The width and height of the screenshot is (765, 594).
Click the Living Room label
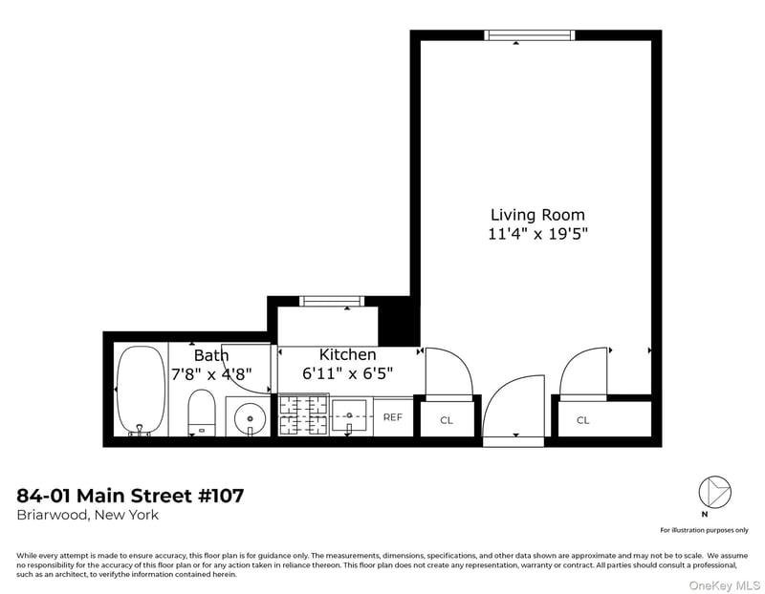pyautogui.click(x=537, y=215)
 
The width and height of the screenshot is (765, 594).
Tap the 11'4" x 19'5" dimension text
pyautogui.click(x=537, y=234)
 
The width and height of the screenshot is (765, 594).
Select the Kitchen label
pyautogui.click(x=347, y=354)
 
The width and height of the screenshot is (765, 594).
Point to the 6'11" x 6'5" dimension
pyautogui.click(x=347, y=373)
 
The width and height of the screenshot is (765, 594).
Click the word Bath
pyautogui.click(x=211, y=355)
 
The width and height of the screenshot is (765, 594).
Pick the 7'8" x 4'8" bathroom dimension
pyautogui.click(x=211, y=374)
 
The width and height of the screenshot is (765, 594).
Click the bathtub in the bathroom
pyautogui.click(x=141, y=391)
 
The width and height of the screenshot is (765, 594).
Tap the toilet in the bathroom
pyautogui.click(x=202, y=413)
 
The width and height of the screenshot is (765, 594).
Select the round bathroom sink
pyautogui.click(x=250, y=418)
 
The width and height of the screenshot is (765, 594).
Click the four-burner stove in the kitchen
pyautogui.click(x=303, y=415)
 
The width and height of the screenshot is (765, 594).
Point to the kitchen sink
pyautogui.click(x=349, y=415)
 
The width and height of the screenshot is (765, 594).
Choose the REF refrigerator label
pyautogui.click(x=393, y=417)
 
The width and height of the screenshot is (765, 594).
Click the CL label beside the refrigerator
pyautogui.click(x=447, y=420)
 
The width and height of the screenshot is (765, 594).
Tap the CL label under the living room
pyautogui.click(x=583, y=420)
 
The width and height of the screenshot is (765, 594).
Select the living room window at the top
pyautogui.click(x=530, y=35)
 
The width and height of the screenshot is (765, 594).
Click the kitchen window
pyautogui.click(x=332, y=301)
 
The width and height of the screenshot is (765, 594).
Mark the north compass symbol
pyautogui.click(x=714, y=492)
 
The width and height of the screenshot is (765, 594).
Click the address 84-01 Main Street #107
pyautogui.click(x=130, y=496)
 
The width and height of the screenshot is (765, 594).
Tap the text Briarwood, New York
pyautogui.click(x=88, y=515)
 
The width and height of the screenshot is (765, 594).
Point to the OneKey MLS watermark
pyautogui.click(x=725, y=585)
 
